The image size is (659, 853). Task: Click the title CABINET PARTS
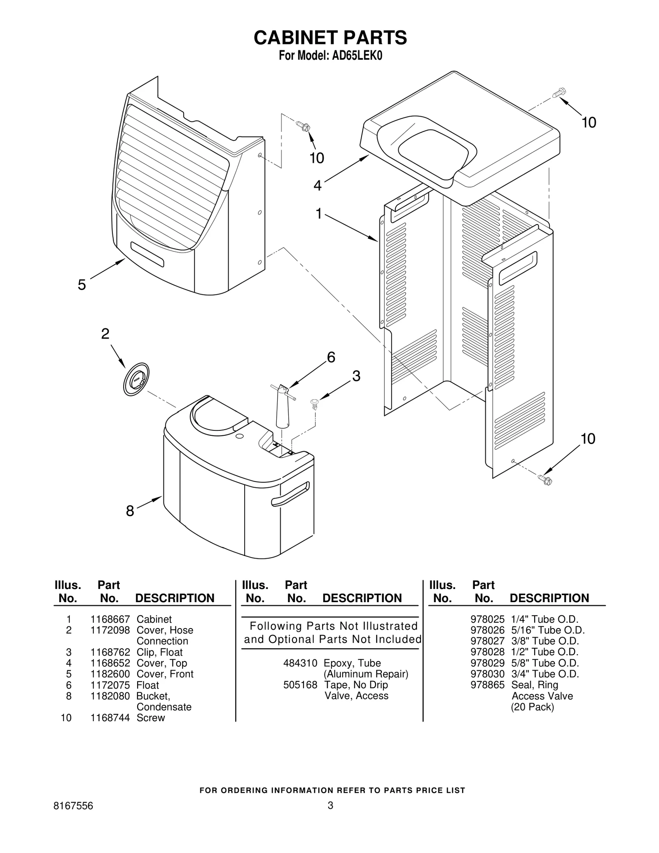(330, 37)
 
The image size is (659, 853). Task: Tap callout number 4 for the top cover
(317, 186)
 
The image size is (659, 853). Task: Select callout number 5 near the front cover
(82, 285)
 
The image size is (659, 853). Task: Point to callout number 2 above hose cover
(105, 334)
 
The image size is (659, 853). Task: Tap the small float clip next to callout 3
(315, 403)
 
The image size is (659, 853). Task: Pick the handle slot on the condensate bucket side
(290, 494)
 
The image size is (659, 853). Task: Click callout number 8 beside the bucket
(130, 511)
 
